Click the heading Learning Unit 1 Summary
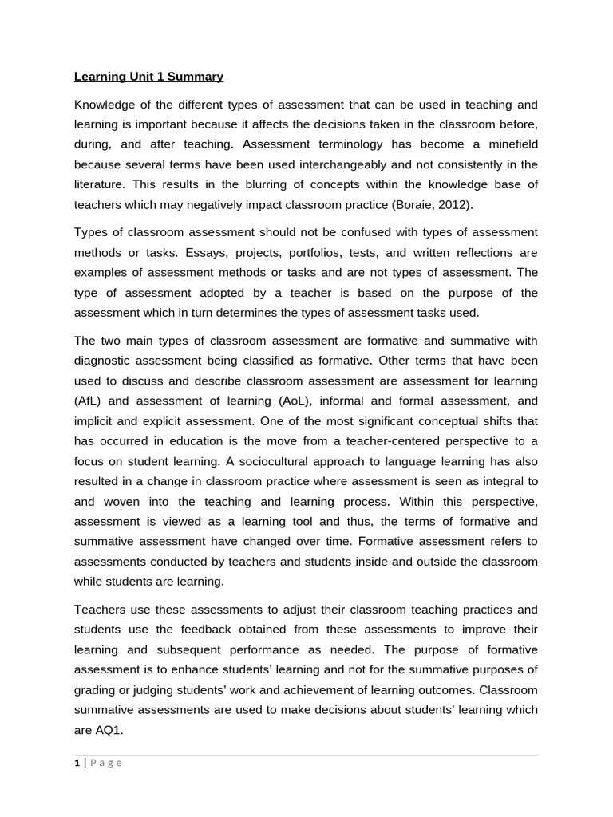point(148,77)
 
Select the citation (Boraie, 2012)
point(432,204)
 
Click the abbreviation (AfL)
point(90,401)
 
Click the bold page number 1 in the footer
point(77,763)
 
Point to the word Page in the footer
point(106,763)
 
